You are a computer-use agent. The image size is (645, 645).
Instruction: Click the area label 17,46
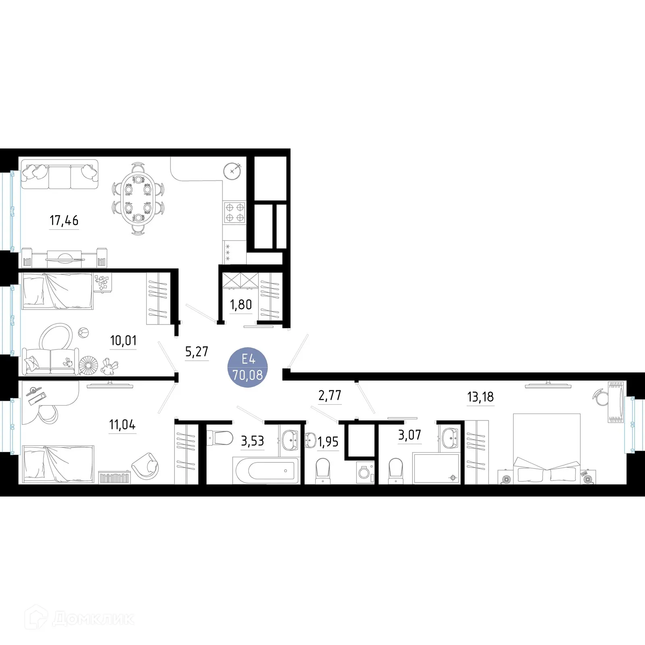coord(64,221)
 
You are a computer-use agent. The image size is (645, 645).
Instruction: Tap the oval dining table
coord(138,198)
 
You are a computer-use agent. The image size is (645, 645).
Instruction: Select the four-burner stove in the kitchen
coord(235,212)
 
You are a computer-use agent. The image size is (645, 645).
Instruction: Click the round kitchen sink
coord(232,171)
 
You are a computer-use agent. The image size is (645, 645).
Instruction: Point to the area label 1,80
coord(241,305)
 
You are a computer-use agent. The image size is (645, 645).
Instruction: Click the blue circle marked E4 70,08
coord(248,367)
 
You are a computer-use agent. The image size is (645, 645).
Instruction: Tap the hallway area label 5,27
coord(197,352)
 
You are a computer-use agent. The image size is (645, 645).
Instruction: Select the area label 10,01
coord(123,341)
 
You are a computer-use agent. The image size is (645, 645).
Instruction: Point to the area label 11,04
coord(123,424)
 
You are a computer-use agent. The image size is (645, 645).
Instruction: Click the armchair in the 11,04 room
coord(146,466)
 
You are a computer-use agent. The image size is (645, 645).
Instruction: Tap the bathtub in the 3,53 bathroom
coord(266,470)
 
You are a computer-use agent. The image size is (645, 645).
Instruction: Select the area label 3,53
coord(252,441)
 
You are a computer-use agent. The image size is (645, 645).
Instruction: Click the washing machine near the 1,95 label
coord(366,472)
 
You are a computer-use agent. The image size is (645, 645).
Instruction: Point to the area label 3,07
coord(409,435)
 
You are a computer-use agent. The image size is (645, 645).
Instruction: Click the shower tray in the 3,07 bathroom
coord(436,468)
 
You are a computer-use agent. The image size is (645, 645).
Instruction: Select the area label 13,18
coord(480,397)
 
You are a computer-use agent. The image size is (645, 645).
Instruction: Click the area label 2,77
coord(330,395)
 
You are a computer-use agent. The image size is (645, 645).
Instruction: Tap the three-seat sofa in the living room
coord(60,175)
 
